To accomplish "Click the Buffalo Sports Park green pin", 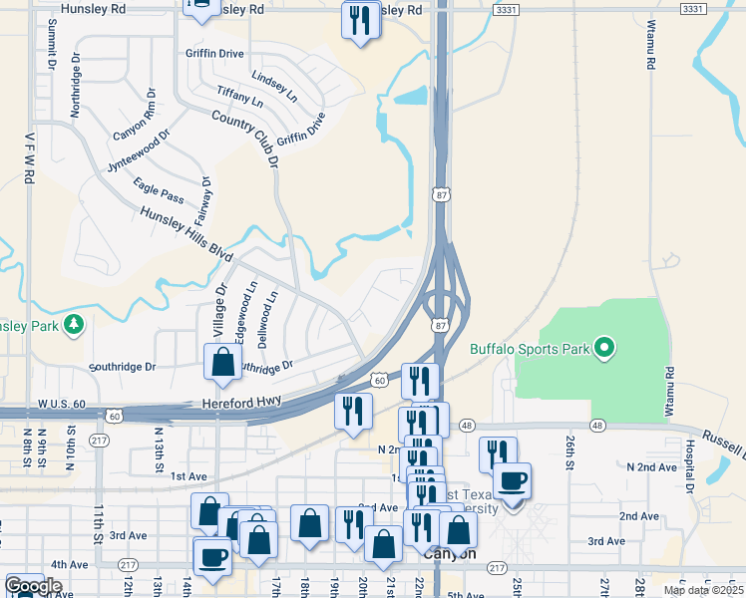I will pos(602,349).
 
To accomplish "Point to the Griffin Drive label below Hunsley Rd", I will pos(214,54).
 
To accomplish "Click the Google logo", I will pos(33,586).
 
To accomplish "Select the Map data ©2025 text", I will pos(702,590).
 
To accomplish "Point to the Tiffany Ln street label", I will pos(239,97).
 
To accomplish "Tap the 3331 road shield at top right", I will pos(692,9).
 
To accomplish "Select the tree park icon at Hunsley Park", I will pos(72,325).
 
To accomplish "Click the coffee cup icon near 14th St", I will pos(212,556).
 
